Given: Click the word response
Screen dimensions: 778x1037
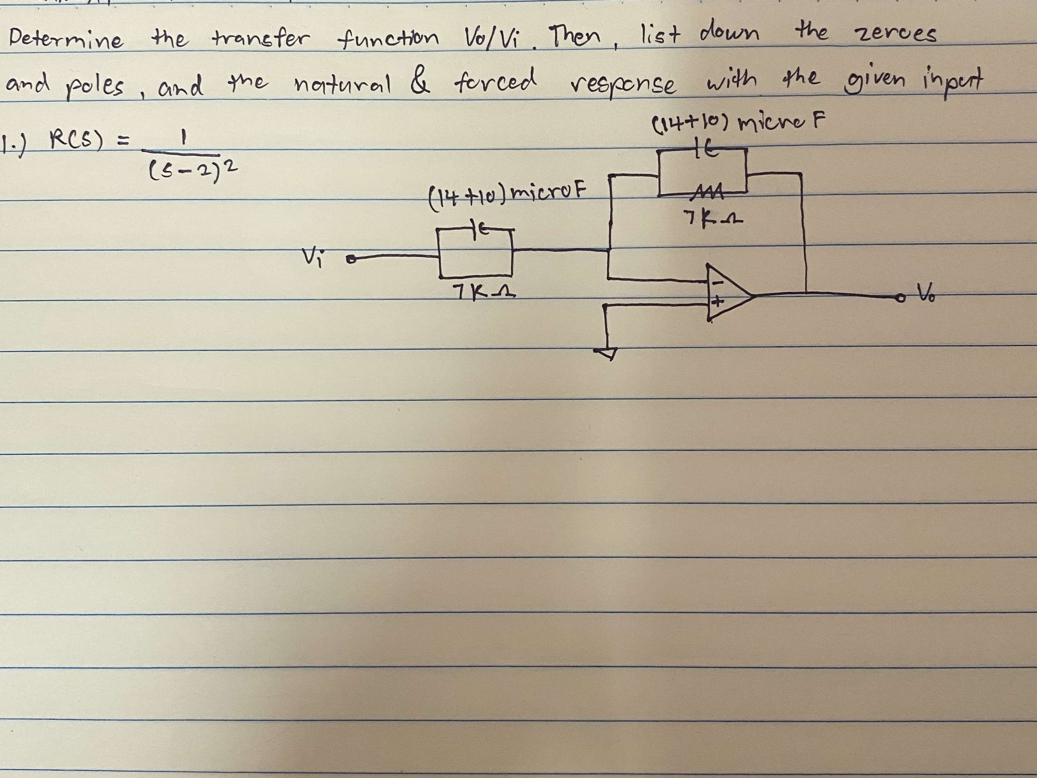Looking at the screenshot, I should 623,84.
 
